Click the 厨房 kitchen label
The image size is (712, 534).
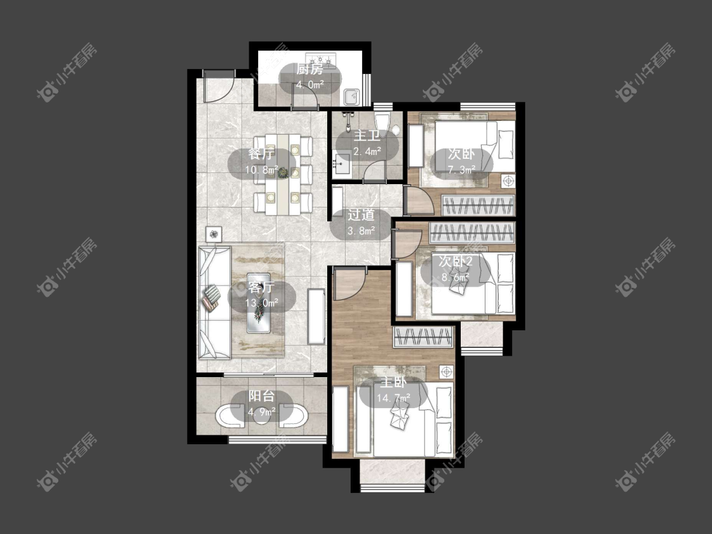point(309,70)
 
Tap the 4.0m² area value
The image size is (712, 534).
point(309,84)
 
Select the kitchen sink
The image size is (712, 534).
point(352,96)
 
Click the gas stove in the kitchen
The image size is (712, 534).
point(321,59)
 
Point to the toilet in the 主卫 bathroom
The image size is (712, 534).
point(382,121)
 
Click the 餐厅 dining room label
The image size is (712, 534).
point(261,154)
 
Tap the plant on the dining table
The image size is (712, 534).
point(283,172)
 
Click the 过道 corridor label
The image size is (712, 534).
point(361,214)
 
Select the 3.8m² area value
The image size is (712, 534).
point(361,231)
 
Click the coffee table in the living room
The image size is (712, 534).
point(259,303)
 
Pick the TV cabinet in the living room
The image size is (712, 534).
point(316,316)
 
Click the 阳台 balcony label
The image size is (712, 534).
point(261,396)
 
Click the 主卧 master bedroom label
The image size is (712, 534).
point(393,382)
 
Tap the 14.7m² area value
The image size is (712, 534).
point(393,398)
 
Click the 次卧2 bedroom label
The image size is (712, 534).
point(456,261)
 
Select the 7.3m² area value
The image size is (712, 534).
point(461,170)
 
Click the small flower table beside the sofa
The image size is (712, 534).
point(215,234)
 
